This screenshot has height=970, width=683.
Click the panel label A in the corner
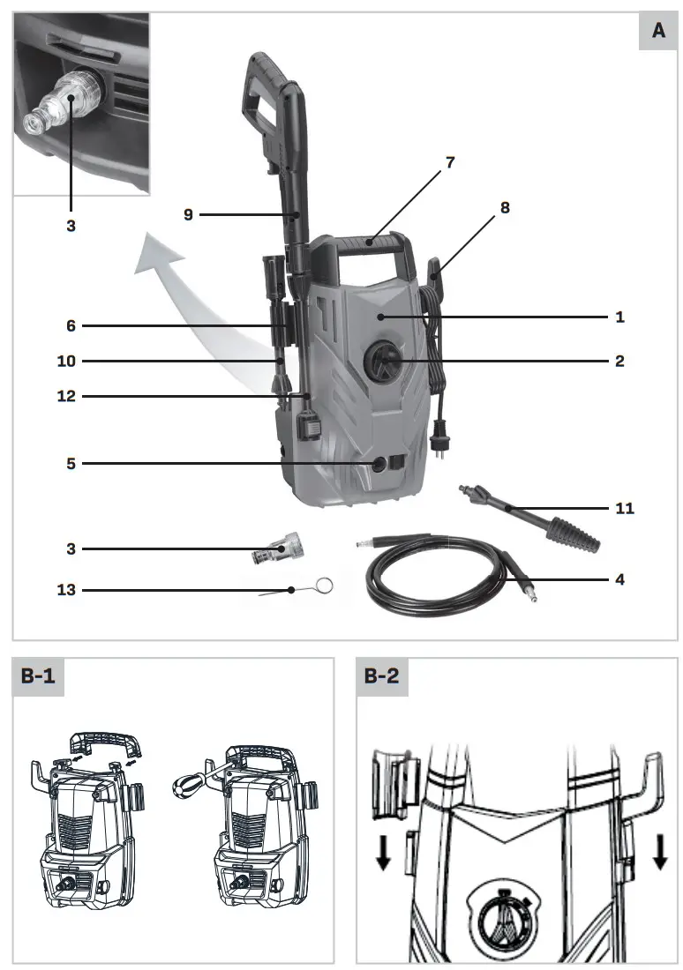pyautogui.click(x=658, y=31)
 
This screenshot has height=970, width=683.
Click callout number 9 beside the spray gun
pyautogui.click(x=188, y=213)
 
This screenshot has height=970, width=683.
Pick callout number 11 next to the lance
pyautogui.click(x=624, y=508)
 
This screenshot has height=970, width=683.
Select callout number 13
pyautogui.click(x=66, y=590)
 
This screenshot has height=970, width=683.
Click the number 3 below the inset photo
pyautogui.click(x=71, y=226)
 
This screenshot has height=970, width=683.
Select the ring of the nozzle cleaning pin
pyautogui.click(x=325, y=584)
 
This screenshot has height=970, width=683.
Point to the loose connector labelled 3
pyautogui.click(x=274, y=549)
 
